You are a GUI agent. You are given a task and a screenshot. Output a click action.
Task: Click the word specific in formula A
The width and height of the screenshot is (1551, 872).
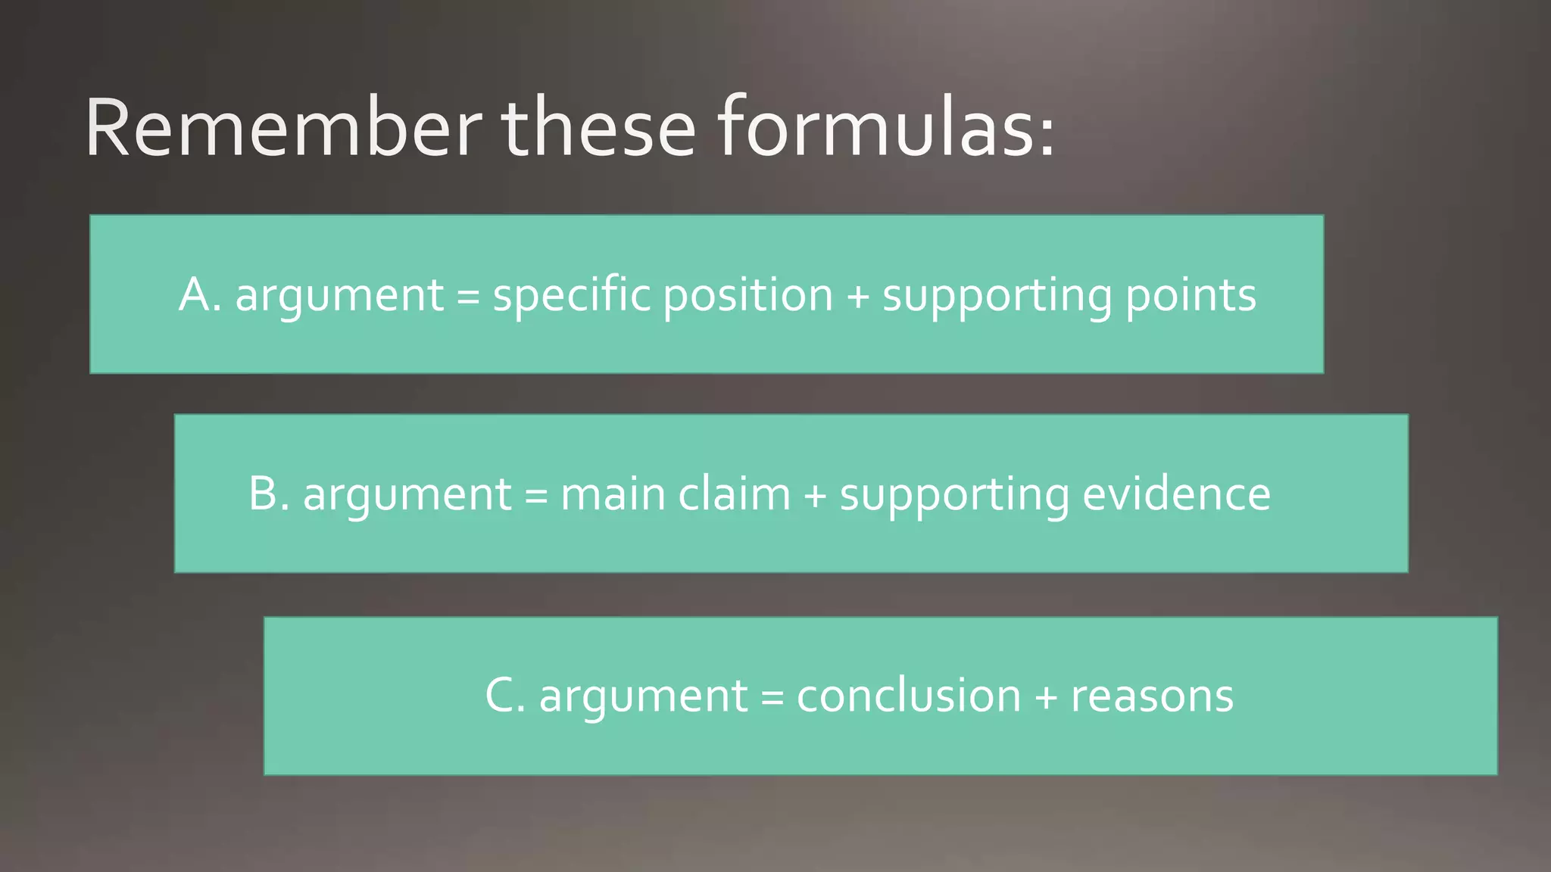click(571, 296)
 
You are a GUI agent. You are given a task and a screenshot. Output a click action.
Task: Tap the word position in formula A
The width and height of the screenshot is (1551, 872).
click(748, 296)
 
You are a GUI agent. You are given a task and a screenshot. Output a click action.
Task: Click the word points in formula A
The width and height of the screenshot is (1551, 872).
click(1190, 296)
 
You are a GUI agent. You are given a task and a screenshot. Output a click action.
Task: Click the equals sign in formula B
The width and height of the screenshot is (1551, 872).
click(535, 497)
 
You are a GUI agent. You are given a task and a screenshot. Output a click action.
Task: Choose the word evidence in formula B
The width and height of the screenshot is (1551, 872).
click(1176, 495)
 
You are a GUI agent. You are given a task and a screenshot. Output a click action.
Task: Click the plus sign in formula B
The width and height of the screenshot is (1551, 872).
click(815, 497)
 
